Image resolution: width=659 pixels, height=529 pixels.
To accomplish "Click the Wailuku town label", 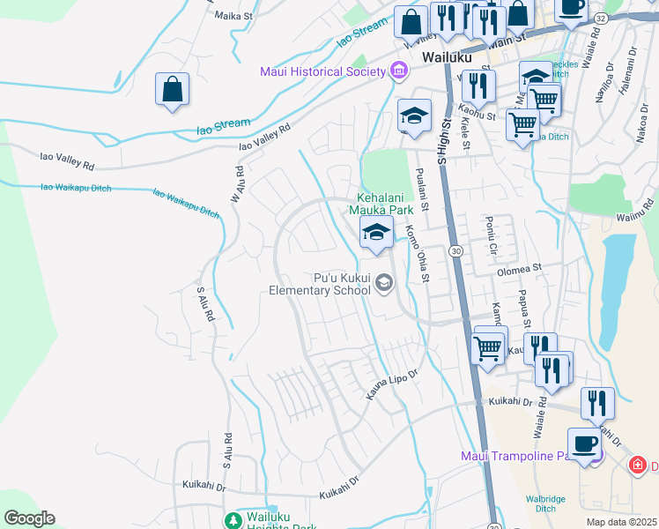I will [x=447, y=56].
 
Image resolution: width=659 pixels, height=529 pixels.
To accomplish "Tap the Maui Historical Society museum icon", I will [x=398, y=70].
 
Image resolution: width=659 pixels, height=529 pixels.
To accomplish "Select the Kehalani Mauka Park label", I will [x=384, y=204].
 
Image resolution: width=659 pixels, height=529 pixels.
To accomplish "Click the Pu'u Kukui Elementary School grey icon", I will [x=383, y=283].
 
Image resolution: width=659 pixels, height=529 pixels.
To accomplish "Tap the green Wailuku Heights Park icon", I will [x=233, y=520].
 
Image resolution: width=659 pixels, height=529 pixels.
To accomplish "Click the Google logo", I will [x=29, y=518].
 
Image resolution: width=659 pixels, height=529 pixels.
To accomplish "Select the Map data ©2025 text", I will [x=622, y=522].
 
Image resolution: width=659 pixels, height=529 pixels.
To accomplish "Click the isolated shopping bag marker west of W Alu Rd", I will [x=172, y=89].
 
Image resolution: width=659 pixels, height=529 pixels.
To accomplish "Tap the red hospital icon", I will [x=637, y=465].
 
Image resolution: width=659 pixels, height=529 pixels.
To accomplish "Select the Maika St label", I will [x=233, y=15].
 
